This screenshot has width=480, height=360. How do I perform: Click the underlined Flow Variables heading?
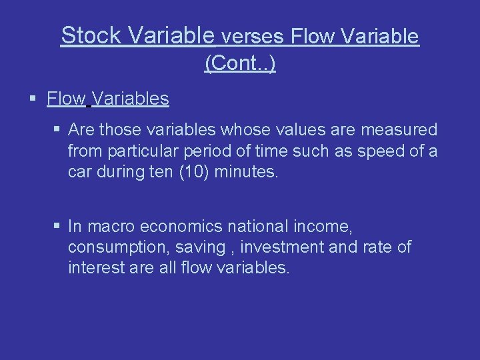(108, 99)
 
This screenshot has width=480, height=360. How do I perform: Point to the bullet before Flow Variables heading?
(33, 100)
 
